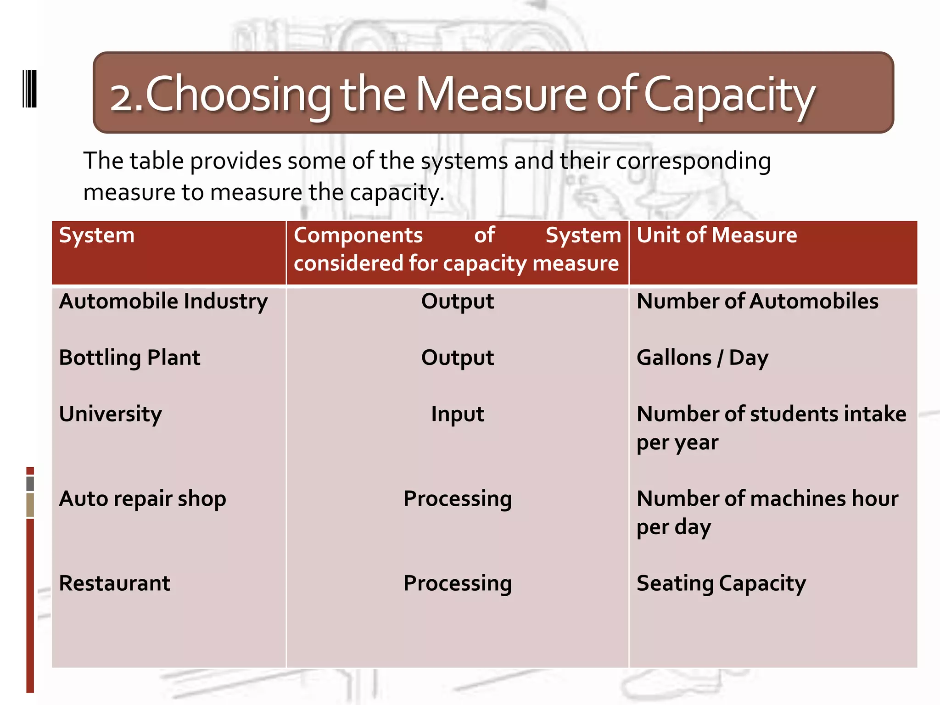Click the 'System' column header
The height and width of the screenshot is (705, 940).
97,236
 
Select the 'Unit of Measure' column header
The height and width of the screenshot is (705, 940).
716,235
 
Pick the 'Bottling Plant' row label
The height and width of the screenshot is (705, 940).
129,358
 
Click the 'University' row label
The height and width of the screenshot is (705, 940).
111,414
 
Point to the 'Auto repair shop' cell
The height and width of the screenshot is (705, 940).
142,499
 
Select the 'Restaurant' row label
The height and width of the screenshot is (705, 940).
115,583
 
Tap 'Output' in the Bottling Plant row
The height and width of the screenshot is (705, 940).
458,358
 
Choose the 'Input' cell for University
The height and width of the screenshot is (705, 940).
458,414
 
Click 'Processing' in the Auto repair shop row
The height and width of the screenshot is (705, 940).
458,499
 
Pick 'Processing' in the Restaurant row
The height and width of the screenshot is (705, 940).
458,584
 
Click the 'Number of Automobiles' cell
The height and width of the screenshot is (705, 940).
757,302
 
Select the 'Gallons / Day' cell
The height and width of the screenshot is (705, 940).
702,358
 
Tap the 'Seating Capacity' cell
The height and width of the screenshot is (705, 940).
721,584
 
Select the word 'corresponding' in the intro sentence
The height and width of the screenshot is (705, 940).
693,162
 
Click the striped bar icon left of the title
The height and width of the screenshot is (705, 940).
30,89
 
